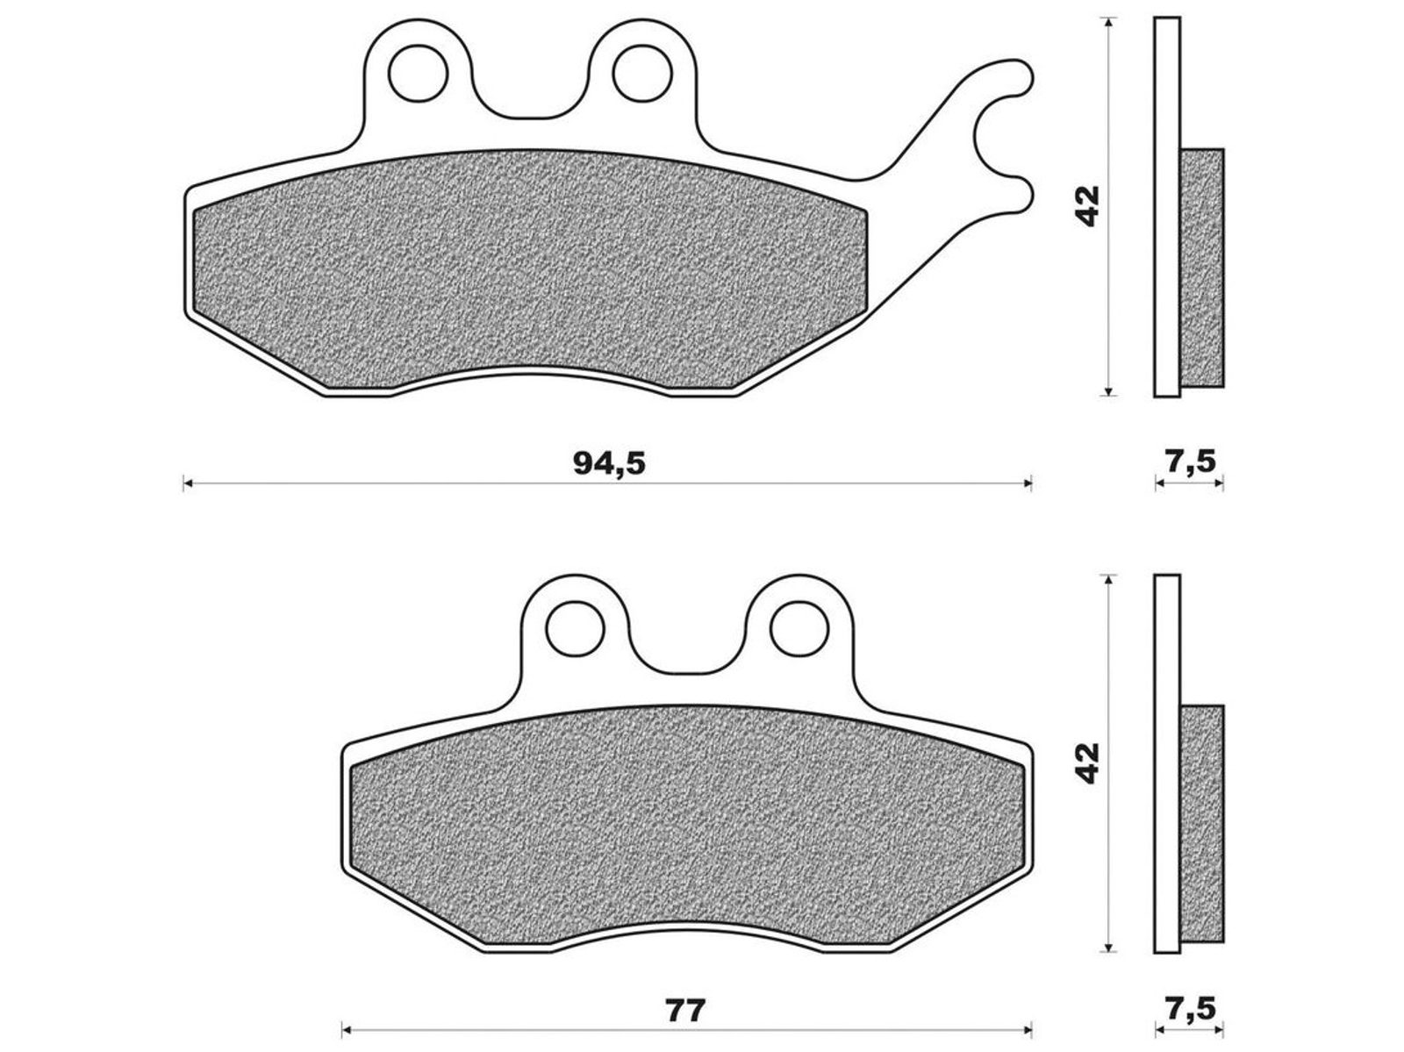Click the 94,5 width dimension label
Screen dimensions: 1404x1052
609,463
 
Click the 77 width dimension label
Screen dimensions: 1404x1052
685,1011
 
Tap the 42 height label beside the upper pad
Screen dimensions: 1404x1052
1086,206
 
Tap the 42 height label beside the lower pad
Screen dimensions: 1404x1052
1086,763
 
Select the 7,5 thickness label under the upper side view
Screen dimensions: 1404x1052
1189,462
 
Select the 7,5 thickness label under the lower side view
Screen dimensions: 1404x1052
1189,1010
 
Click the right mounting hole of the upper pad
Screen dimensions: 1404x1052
642,73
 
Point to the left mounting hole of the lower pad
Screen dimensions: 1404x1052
575,629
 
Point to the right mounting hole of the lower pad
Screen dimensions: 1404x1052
799,629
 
